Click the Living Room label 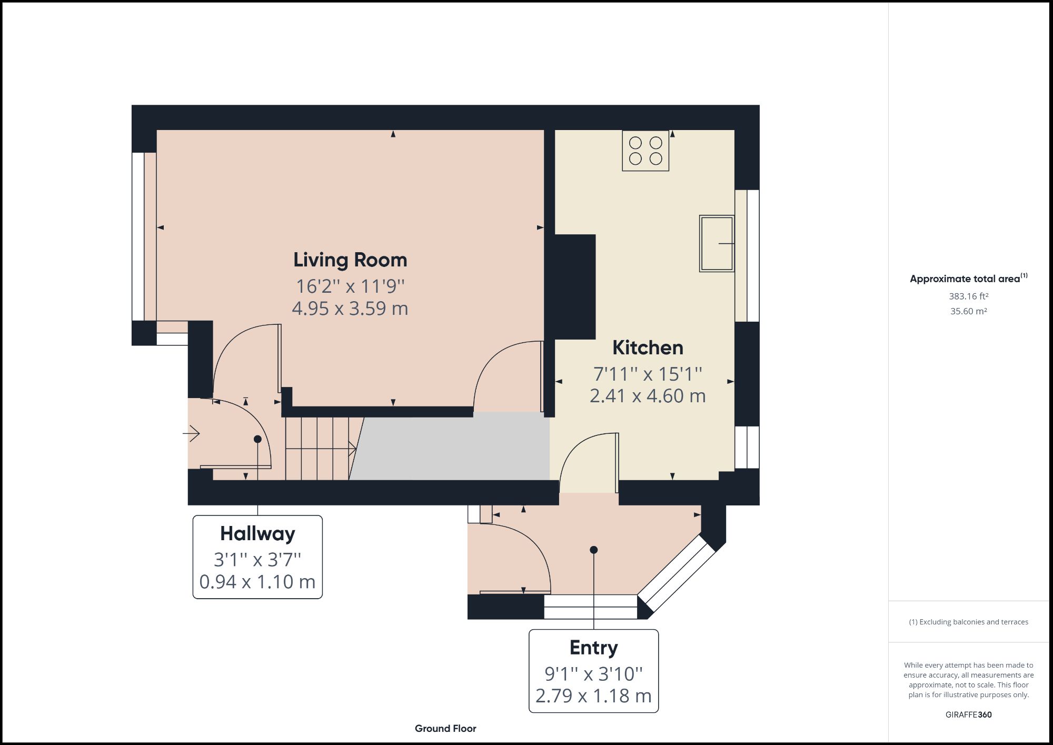tap(350, 260)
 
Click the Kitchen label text tap(648, 348)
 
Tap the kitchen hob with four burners tap(645, 151)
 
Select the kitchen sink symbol tap(717, 243)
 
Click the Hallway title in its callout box tap(257, 533)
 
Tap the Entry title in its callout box tap(593, 648)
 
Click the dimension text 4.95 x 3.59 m tap(350, 309)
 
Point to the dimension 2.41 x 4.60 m tap(648, 396)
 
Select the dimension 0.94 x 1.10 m tap(257, 582)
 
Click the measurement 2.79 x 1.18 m tap(593, 696)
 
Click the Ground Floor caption tap(445, 729)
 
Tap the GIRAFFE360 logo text tap(968, 715)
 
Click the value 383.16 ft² tap(968, 296)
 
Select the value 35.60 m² tap(968, 311)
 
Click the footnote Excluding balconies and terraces tap(968, 622)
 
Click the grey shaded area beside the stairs tap(453, 448)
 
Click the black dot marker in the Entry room tap(593, 550)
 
